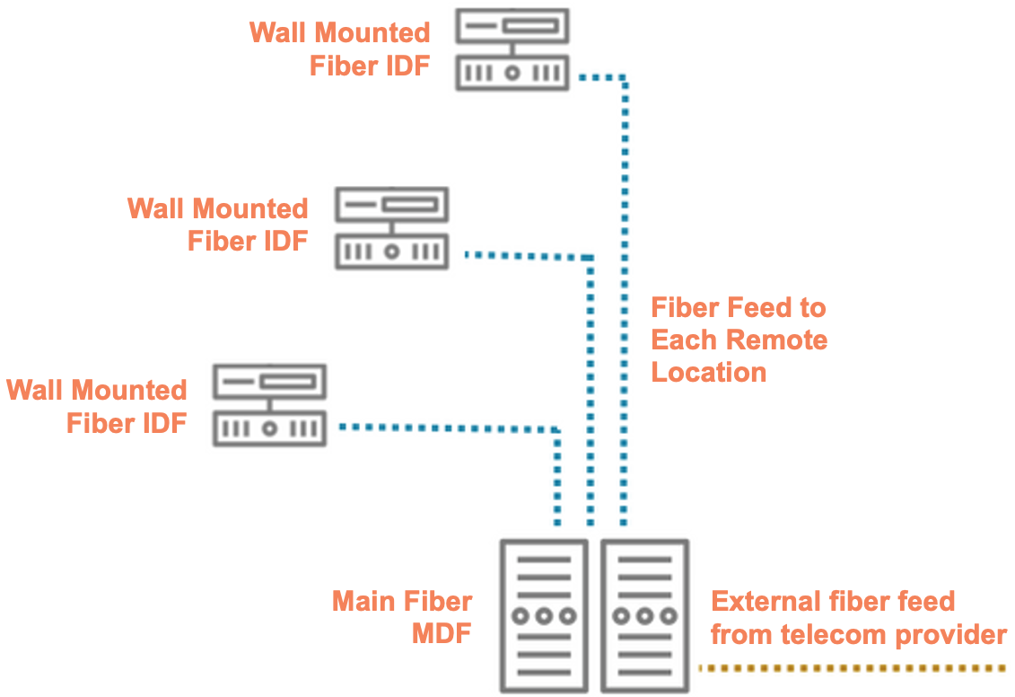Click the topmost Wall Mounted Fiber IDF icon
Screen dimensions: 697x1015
point(512,49)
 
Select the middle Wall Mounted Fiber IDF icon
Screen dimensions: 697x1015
point(391,228)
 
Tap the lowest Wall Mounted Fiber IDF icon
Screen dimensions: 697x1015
point(269,405)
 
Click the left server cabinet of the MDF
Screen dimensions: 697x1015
point(544,614)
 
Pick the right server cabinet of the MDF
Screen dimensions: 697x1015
point(644,614)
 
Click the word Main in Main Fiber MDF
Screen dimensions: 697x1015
point(365,601)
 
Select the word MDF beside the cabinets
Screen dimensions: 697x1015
point(442,634)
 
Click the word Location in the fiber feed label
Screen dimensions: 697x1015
point(709,373)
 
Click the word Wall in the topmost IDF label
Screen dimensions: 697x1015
point(278,32)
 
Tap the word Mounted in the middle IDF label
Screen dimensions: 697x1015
point(249,209)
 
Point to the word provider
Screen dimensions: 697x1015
point(950,635)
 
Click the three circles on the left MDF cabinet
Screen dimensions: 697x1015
point(544,617)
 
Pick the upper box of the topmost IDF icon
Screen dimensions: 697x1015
point(512,27)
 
